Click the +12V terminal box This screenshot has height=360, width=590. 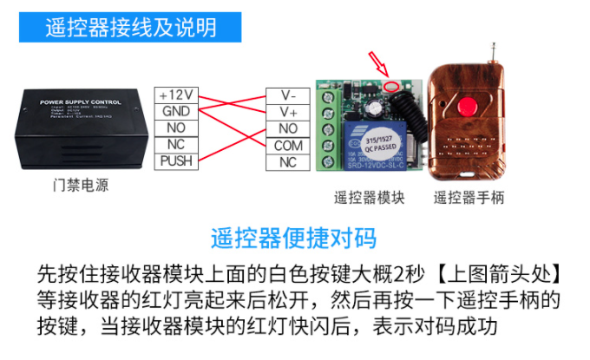click(178, 95)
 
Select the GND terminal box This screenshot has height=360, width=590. click(178, 111)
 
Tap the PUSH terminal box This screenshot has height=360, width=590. click(178, 160)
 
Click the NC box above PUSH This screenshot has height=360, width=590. click(178, 144)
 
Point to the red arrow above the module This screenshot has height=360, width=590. click(379, 66)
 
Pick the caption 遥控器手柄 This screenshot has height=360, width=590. click(469, 197)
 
